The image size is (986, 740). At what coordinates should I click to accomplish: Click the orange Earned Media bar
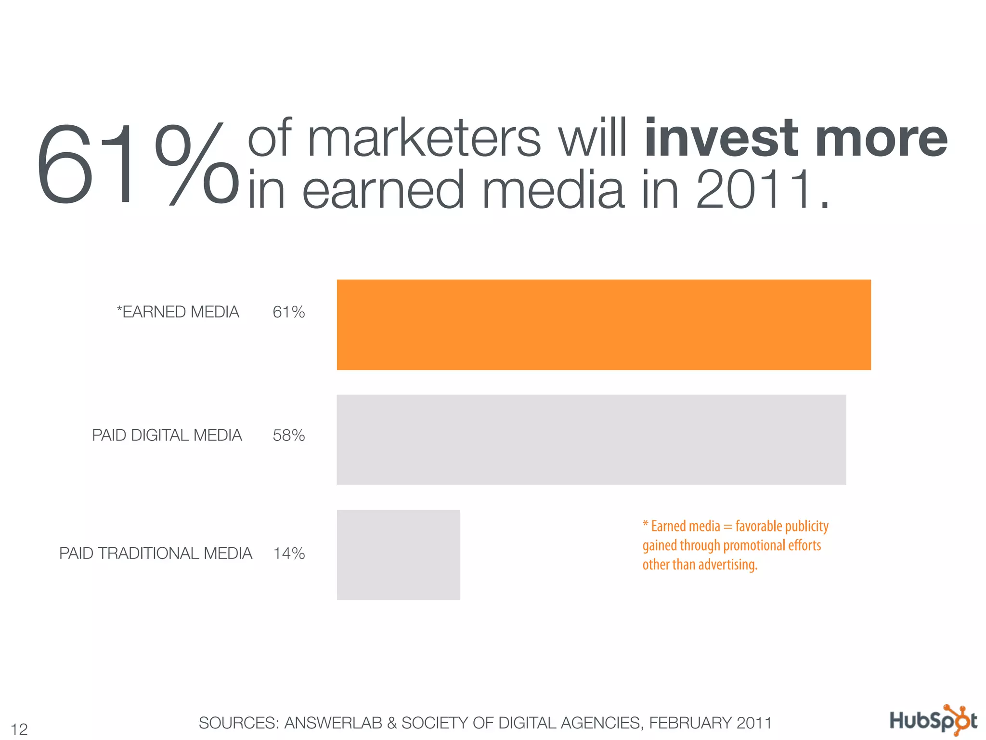(604, 325)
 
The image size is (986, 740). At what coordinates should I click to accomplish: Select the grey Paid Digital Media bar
(591, 439)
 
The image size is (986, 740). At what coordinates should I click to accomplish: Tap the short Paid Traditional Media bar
(399, 555)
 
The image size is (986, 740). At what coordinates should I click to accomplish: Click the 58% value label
(289, 436)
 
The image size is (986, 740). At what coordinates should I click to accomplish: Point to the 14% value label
(289, 553)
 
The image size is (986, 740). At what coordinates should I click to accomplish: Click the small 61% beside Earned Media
(289, 312)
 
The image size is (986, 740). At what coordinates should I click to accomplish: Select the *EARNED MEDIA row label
(178, 312)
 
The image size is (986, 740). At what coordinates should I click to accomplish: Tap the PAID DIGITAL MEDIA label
(167, 436)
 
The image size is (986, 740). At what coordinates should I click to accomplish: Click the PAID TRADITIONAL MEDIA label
(156, 553)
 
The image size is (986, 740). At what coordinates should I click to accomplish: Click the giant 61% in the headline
(137, 164)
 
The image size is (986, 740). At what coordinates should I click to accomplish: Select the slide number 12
(19, 729)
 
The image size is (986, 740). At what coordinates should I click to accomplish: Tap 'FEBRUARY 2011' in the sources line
(710, 723)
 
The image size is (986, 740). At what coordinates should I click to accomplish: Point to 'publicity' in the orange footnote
(806, 526)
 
